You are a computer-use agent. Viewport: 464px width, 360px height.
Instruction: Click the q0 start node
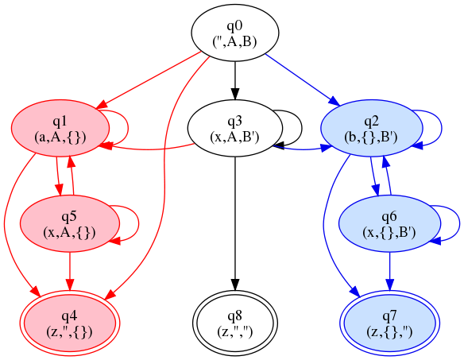pos(235,33)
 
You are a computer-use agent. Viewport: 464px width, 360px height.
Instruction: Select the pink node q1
pos(60,128)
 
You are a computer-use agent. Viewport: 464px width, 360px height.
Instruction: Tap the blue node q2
pos(371,128)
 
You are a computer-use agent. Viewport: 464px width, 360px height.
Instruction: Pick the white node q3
pos(235,128)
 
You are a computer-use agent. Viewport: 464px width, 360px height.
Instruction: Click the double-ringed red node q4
pos(70,323)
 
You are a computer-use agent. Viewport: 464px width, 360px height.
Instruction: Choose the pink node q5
pos(70,224)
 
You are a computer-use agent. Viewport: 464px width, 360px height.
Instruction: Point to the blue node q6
pos(389,224)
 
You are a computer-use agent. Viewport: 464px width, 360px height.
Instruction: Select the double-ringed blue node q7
pos(389,323)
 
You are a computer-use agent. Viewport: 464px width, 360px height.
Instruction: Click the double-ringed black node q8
pos(235,323)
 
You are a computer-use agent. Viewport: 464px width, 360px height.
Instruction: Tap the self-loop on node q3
pos(302,128)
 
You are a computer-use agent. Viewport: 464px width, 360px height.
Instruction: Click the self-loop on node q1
pos(128,128)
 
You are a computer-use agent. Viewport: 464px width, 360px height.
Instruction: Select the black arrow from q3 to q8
pos(235,223)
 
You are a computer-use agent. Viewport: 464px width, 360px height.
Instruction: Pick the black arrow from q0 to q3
pos(235,80)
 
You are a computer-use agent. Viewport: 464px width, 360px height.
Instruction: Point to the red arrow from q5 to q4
pos(70,271)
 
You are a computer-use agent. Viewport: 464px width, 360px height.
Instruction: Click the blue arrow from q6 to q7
pos(389,271)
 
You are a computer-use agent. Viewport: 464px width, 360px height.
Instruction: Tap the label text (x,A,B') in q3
pos(234,137)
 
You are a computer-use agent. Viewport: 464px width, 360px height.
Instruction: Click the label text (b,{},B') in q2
pos(371,137)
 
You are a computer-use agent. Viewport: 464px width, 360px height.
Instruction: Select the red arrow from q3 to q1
pos(147,149)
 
